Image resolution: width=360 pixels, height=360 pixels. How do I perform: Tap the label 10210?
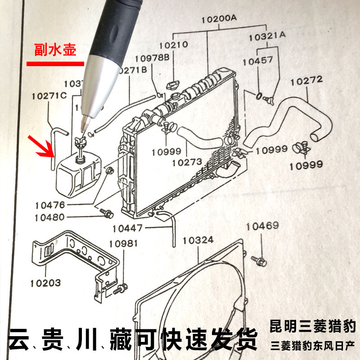tap(173, 45)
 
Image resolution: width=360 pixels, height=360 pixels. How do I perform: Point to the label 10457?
tap(257, 60)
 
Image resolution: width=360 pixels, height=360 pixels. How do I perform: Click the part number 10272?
tap(306, 81)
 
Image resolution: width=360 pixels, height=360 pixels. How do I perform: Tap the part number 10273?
tap(187, 162)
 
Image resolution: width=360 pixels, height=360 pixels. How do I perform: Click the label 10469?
tap(262, 226)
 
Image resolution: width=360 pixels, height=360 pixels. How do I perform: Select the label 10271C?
tap(49, 96)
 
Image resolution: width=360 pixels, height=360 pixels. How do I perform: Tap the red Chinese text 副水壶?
tap(56, 50)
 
